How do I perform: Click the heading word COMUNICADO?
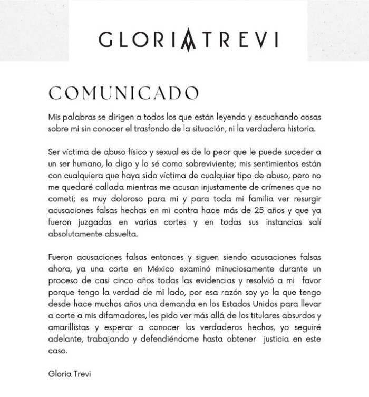tap(123, 93)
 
